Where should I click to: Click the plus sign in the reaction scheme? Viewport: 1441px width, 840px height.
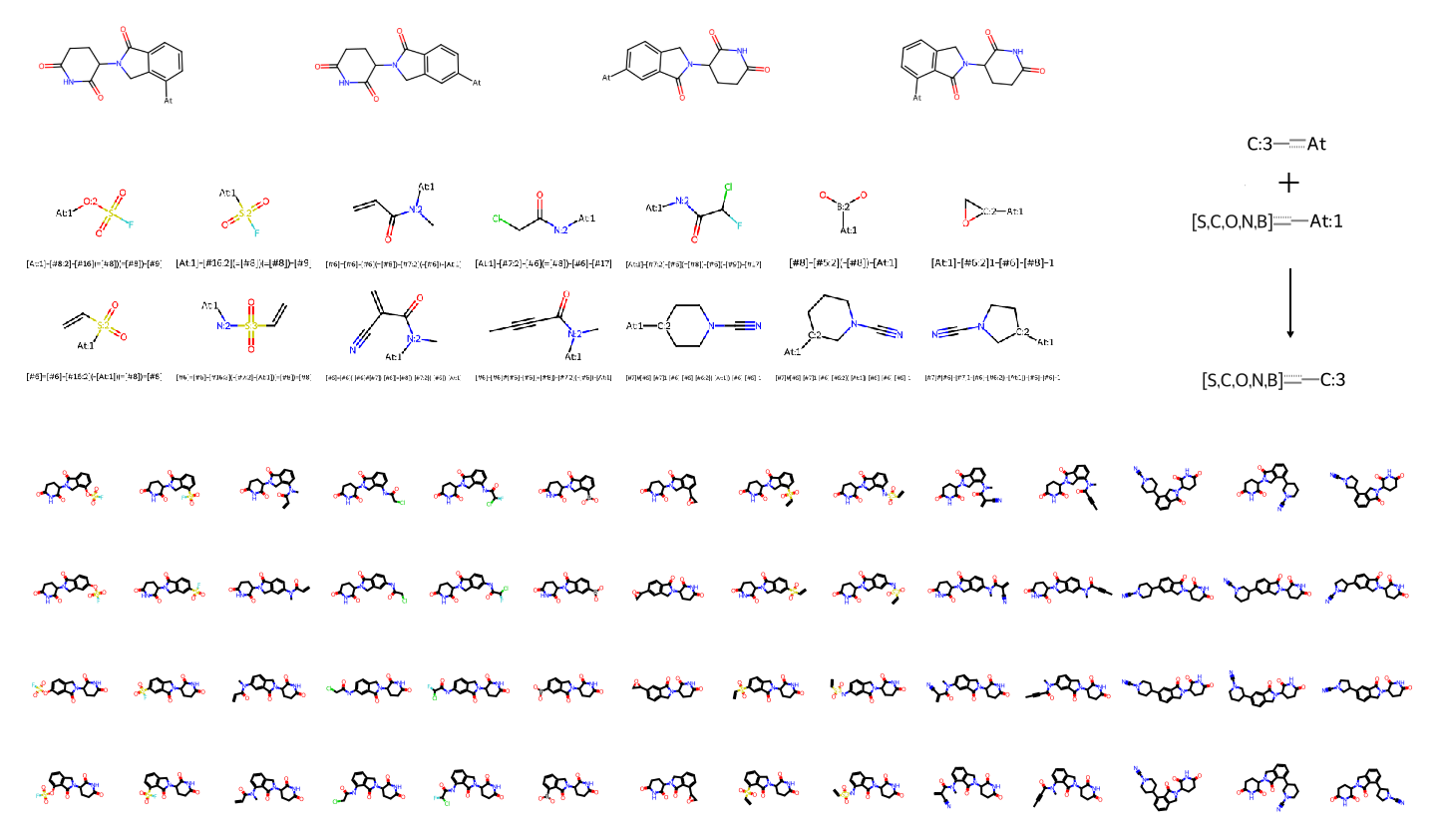point(1289,183)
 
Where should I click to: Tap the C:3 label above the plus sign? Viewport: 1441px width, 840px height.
point(1260,145)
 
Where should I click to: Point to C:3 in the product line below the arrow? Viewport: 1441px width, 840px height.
point(1332,380)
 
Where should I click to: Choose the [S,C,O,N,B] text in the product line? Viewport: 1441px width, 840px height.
point(1242,380)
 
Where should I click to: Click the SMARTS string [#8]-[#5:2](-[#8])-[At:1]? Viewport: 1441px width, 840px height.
point(843,263)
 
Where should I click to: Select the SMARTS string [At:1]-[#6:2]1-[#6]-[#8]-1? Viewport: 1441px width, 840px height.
point(992,263)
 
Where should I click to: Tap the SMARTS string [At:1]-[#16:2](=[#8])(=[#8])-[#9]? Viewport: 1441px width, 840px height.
point(242,263)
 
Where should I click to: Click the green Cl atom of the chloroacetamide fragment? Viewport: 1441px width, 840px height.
point(497,218)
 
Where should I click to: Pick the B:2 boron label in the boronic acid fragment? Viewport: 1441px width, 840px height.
point(843,208)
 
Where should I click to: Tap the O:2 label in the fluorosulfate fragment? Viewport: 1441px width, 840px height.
point(90,202)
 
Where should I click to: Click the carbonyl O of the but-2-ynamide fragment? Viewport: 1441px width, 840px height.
point(565,295)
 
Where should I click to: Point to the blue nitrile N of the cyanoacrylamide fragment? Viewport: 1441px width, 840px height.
point(353,350)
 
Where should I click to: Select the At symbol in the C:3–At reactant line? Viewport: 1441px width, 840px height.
point(1316,145)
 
